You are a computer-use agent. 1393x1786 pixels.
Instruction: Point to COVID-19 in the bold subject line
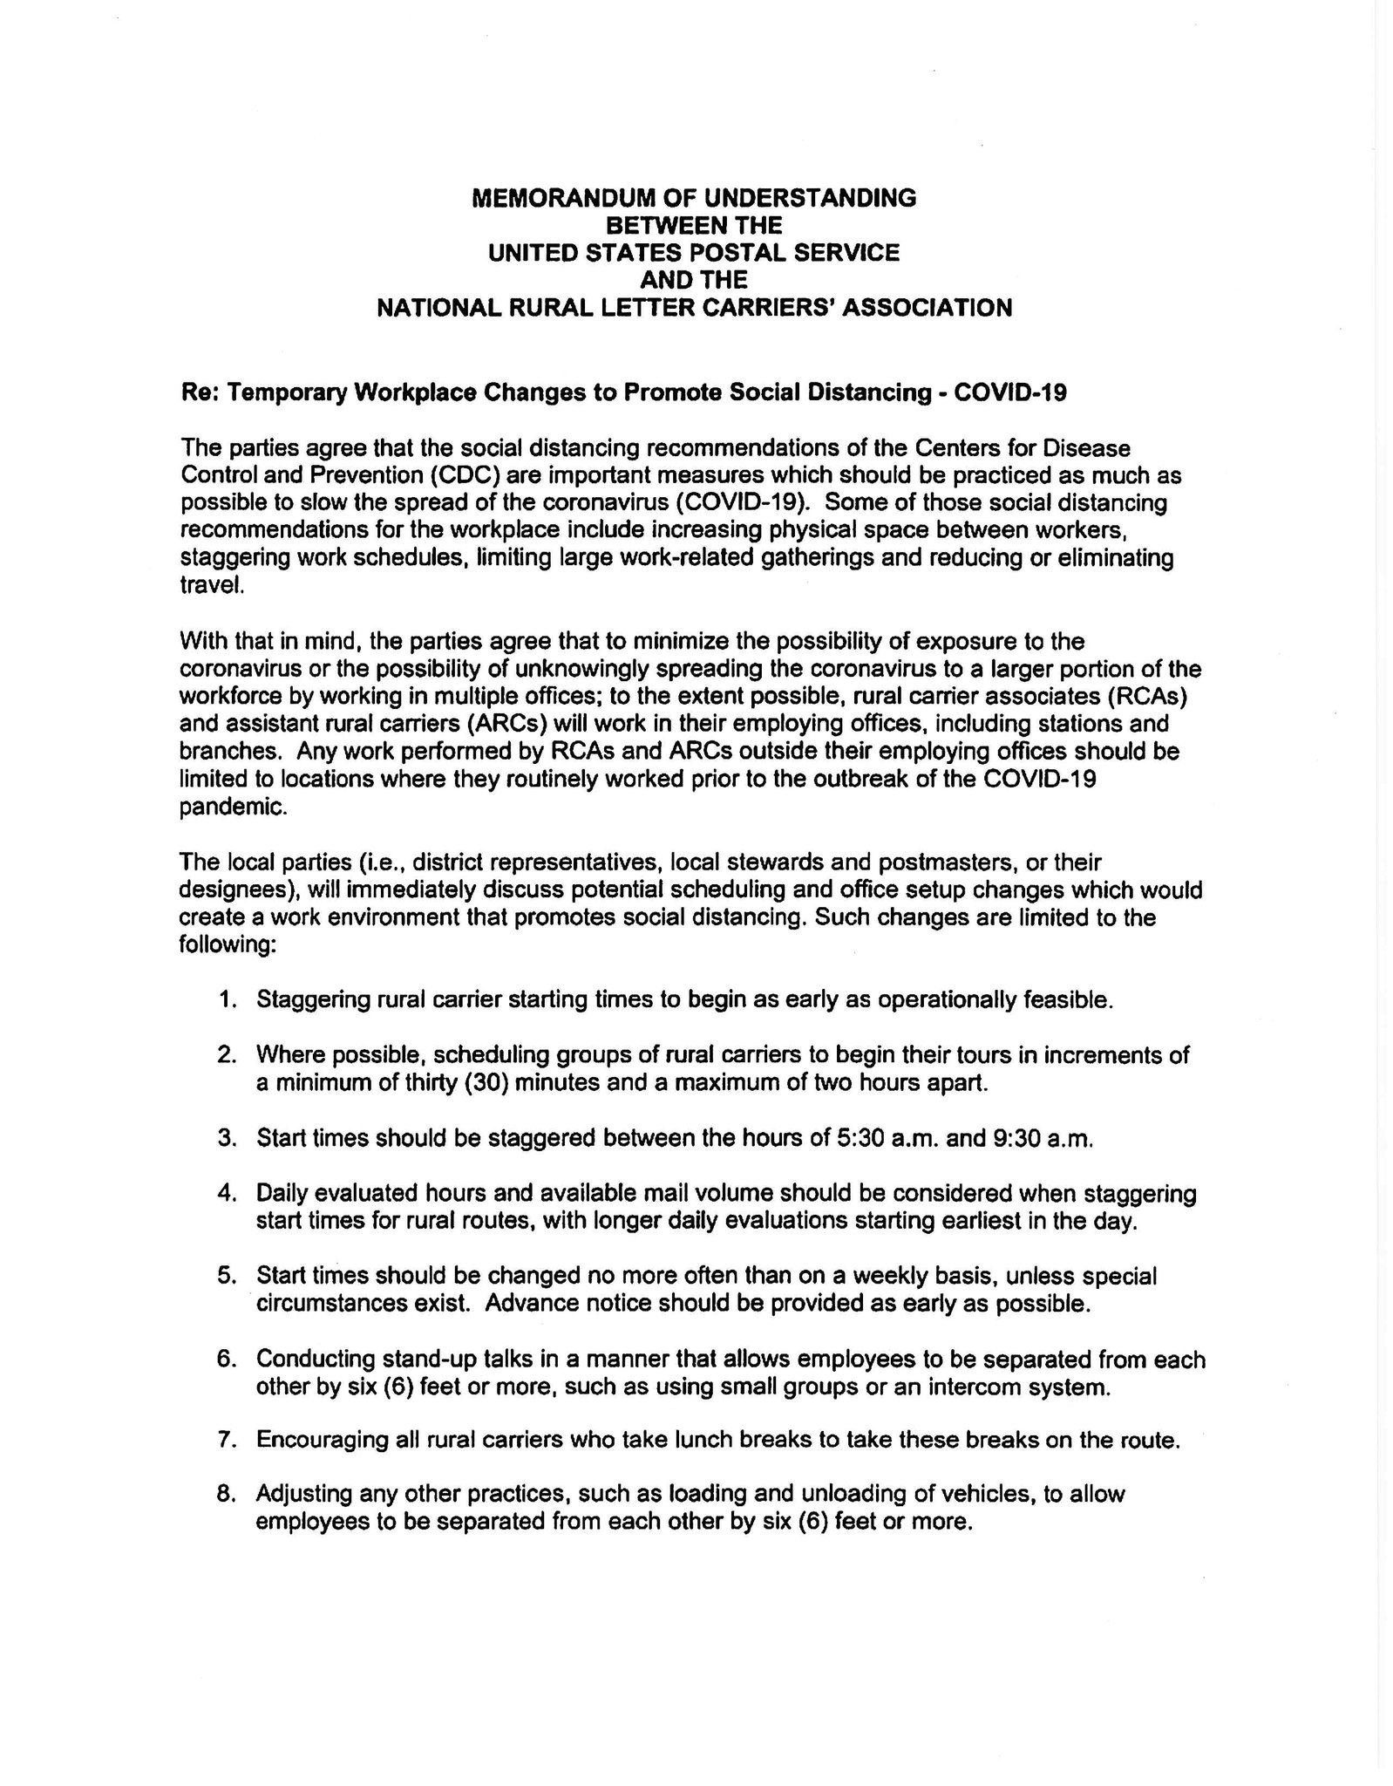click(x=1010, y=392)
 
